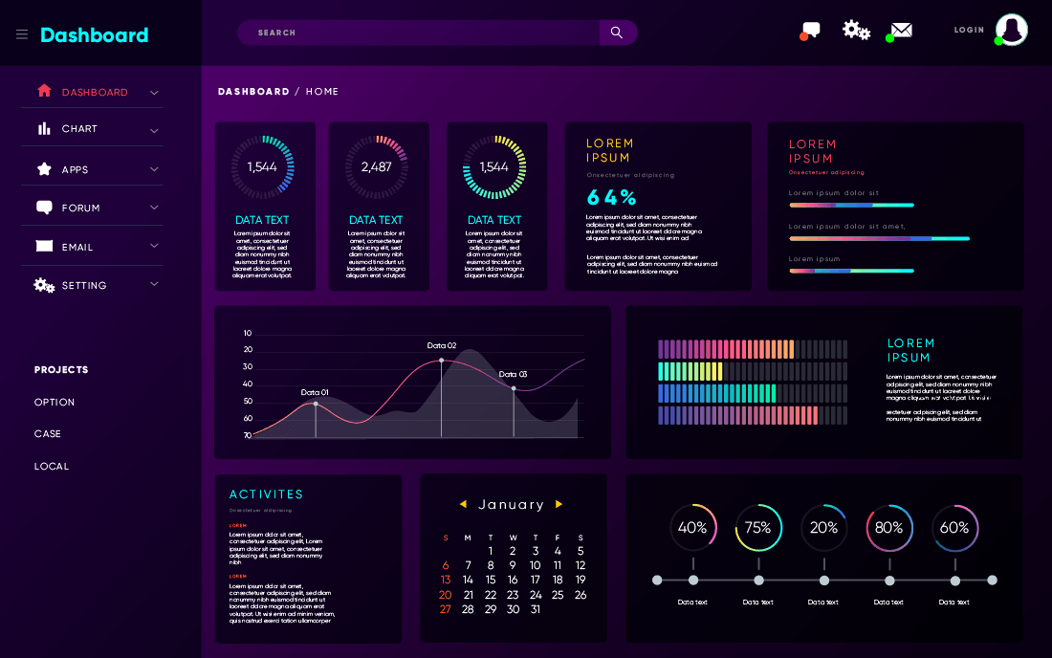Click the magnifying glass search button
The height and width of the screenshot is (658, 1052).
click(x=617, y=33)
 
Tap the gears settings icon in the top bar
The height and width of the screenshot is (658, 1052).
click(x=856, y=30)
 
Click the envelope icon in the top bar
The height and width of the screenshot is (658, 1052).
click(x=901, y=30)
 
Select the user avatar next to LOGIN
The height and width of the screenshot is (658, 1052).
click(x=1011, y=30)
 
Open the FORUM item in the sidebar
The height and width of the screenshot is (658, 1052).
click(x=80, y=208)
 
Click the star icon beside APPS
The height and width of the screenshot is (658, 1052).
click(x=44, y=169)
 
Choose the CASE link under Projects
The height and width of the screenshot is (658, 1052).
click(x=48, y=434)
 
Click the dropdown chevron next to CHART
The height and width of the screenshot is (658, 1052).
click(x=154, y=130)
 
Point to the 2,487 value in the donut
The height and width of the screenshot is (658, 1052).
click(x=377, y=166)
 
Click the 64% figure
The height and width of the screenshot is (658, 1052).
click(x=611, y=198)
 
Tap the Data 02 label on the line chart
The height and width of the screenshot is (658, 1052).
click(x=442, y=345)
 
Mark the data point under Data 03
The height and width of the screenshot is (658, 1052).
click(x=514, y=388)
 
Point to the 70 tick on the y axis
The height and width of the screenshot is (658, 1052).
click(x=248, y=435)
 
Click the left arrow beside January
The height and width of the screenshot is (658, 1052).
click(x=463, y=504)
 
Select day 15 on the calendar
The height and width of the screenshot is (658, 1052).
click(x=491, y=580)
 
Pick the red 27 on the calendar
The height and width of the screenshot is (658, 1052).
click(x=445, y=609)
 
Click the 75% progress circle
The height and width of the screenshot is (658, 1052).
click(x=758, y=528)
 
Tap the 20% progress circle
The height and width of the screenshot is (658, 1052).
click(x=824, y=528)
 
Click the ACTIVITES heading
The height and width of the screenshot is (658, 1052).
click(x=266, y=494)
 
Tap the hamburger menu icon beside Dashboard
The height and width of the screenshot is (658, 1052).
click(x=22, y=34)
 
